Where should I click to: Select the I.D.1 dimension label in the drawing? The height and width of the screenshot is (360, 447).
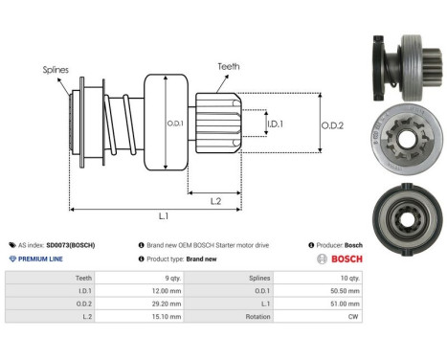click(274, 124)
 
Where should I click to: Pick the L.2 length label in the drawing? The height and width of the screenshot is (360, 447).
click(216, 199)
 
